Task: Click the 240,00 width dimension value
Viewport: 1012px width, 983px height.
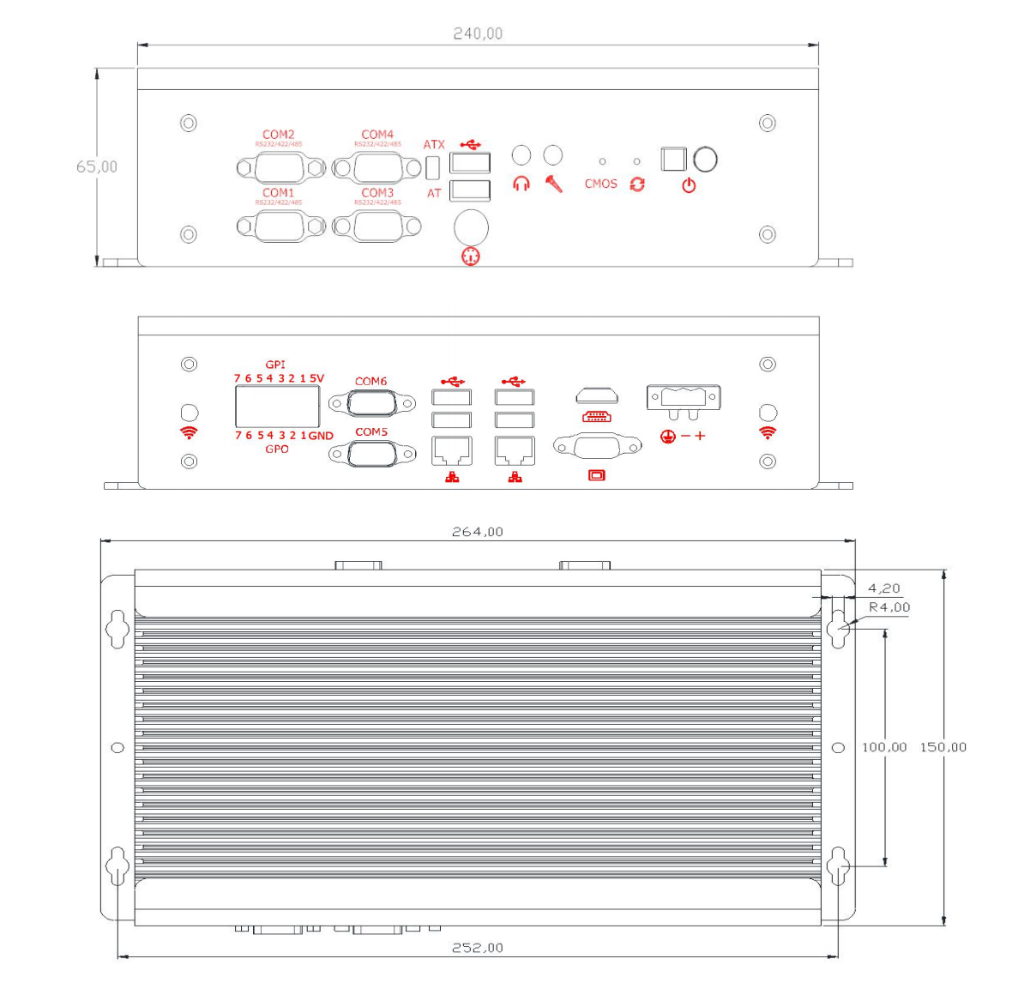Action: (x=478, y=33)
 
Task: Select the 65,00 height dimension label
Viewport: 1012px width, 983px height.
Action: (x=97, y=166)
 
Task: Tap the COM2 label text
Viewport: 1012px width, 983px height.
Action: (x=278, y=135)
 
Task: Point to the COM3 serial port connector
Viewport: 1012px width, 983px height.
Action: (x=377, y=226)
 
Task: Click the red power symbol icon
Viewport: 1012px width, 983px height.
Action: (x=689, y=185)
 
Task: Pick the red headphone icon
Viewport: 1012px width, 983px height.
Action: (x=521, y=184)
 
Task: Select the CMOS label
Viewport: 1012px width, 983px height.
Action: (x=600, y=184)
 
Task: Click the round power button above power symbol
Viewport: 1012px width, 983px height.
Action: (x=705, y=160)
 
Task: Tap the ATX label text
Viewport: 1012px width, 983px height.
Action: (x=434, y=144)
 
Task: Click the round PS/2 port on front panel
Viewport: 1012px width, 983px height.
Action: (x=471, y=228)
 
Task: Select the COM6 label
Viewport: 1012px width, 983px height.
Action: (x=370, y=381)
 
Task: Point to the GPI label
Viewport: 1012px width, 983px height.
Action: (x=275, y=365)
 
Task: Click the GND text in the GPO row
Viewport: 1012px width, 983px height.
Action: (x=321, y=436)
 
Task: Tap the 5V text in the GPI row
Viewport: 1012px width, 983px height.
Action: (x=316, y=378)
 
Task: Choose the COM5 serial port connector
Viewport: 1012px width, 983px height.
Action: (x=371, y=453)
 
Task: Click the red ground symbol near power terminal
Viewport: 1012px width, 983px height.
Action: (x=668, y=437)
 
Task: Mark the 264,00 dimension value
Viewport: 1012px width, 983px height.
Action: (x=478, y=532)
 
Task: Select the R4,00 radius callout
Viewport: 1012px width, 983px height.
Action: (x=889, y=607)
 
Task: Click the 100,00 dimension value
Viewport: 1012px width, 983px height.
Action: (x=884, y=747)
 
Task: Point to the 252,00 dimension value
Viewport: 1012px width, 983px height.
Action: (x=478, y=948)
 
